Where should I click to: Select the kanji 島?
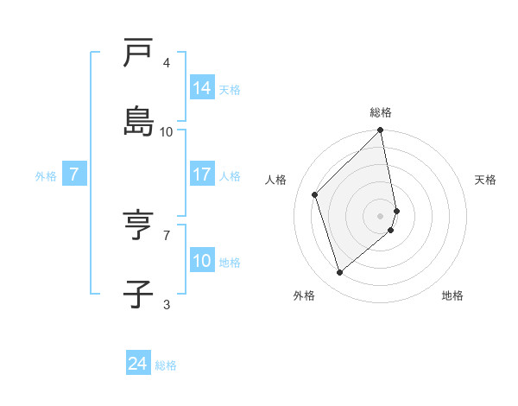tap(139, 121)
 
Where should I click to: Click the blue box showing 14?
tap(202, 87)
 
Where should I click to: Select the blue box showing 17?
tap(202, 174)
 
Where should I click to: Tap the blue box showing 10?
tap(202, 261)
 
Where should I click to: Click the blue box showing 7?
tap(74, 174)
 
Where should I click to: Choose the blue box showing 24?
tap(138, 364)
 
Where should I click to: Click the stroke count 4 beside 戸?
tap(167, 63)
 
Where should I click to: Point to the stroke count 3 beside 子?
tap(167, 303)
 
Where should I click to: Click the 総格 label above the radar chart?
tap(381, 112)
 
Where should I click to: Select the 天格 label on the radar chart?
tap(485, 180)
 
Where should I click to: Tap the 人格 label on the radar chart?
tap(276, 180)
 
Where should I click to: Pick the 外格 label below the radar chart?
tap(304, 295)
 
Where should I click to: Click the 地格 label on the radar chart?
tap(452, 295)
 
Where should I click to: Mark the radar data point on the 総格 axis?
tap(381, 131)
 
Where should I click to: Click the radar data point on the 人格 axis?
tap(315, 194)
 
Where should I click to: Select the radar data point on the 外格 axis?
tap(340, 272)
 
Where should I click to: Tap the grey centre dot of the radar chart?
tap(381, 215)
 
